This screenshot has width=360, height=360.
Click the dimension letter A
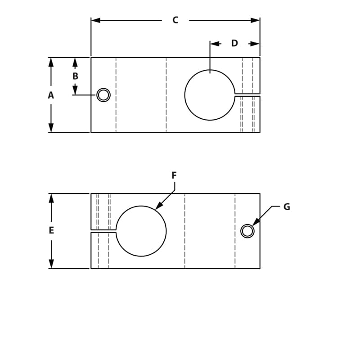tap(51, 95)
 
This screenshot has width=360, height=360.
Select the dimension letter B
tap(75, 76)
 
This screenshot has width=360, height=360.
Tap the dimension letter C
tap(175, 20)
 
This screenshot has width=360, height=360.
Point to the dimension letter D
tap(234, 43)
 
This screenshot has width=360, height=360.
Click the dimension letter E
tap(51, 230)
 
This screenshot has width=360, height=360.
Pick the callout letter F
tap(174, 175)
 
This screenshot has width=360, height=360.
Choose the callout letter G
tap(287, 207)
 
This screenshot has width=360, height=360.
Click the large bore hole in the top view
tap(210, 95)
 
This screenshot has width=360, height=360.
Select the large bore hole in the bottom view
tap(141, 231)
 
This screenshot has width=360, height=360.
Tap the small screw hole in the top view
tap(103, 95)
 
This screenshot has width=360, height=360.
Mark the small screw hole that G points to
tap(247, 231)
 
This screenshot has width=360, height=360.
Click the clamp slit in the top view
tap(247, 94)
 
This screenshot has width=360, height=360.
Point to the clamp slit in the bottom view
tap(103, 230)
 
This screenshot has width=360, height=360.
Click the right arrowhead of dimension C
tap(256, 20)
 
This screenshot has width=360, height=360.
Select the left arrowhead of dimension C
tap(95, 20)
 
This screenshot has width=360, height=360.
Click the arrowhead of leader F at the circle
tap(158, 207)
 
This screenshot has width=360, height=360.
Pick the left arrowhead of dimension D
tap(215, 44)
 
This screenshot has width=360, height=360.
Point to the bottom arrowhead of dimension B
tap(75, 90)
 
